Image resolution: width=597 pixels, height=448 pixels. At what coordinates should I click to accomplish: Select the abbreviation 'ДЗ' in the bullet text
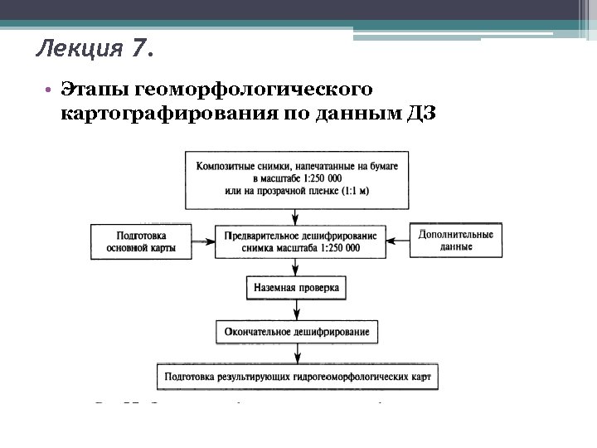click(421, 114)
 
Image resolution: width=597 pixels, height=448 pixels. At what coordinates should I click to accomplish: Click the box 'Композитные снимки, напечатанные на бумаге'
click(297, 178)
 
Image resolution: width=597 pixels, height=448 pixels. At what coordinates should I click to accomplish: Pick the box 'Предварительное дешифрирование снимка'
click(297, 241)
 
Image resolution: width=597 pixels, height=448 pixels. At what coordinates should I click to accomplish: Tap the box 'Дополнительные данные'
click(455, 241)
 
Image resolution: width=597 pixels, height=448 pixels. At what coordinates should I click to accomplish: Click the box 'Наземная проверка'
click(297, 288)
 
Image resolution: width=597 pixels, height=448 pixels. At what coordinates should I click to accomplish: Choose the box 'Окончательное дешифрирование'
click(297, 332)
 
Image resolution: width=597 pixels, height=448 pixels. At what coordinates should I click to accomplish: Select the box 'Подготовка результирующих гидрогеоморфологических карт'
click(297, 376)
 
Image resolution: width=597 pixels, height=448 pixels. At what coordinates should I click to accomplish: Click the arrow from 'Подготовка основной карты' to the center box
click(201, 241)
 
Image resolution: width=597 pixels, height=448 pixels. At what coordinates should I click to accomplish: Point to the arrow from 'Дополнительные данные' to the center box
click(396, 241)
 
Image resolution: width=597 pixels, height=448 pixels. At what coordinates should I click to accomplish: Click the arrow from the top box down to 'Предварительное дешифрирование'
click(297, 216)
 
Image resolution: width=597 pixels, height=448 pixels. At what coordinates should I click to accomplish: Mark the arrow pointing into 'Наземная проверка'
click(297, 267)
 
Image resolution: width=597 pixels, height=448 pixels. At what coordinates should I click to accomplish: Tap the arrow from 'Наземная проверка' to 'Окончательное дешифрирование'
click(297, 309)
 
